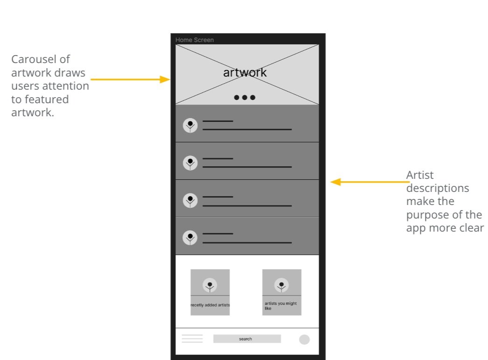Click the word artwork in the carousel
245,72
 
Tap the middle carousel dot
245,98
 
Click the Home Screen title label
195,40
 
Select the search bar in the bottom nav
247,339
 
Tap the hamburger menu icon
192,339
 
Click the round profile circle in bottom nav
304,339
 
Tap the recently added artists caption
210,305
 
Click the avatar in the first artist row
190,125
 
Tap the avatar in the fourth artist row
190,238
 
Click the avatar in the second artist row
190,163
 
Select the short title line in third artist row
217,197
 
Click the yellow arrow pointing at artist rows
369,182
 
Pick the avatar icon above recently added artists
210,285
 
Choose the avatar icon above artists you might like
281,285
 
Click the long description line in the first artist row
247,129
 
